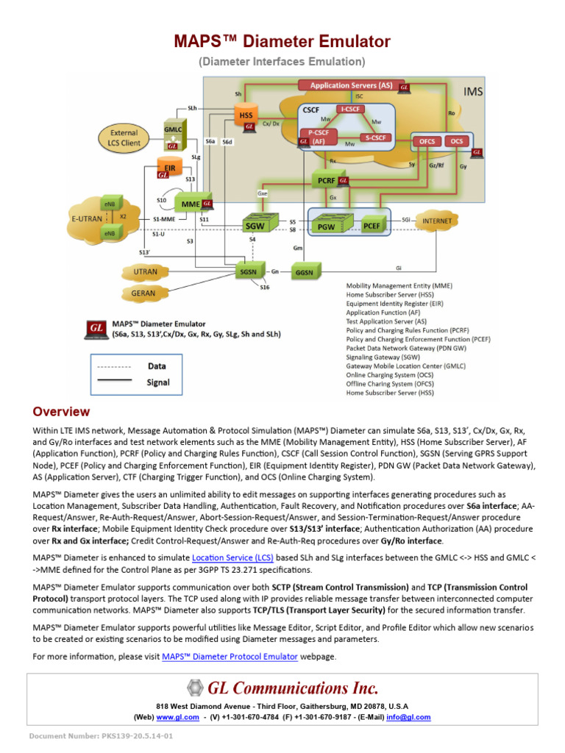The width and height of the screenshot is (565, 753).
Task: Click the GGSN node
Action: [304, 271]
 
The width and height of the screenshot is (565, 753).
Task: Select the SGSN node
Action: [247, 271]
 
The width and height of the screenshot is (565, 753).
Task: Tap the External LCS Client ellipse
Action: [124, 138]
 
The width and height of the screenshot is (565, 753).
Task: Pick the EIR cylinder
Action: [169, 168]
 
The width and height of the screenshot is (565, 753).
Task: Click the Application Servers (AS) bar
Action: [351, 86]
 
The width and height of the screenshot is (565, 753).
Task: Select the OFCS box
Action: [427, 140]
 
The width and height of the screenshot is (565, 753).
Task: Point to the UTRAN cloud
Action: [145, 272]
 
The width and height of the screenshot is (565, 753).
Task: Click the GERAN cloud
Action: [143, 293]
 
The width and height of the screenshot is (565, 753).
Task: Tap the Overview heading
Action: [61, 411]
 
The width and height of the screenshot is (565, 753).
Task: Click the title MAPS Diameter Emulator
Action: [282, 41]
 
